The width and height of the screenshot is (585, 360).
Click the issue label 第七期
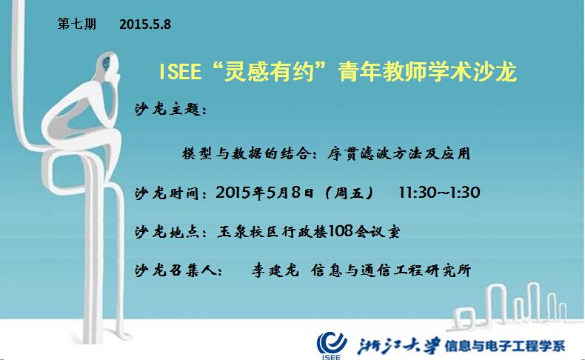click(x=77, y=24)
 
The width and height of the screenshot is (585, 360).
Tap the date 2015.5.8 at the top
click(x=145, y=24)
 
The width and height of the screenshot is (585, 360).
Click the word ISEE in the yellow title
click(x=180, y=71)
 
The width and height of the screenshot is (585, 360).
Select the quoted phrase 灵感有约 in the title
click(x=269, y=71)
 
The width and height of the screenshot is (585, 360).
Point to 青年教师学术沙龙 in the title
click(x=427, y=71)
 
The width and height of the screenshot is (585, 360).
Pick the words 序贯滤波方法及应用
click(x=398, y=153)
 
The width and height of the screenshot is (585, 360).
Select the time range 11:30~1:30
click(x=439, y=193)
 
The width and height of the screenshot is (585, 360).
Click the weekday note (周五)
click(x=349, y=193)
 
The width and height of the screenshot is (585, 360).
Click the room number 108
click(x=341, y=231)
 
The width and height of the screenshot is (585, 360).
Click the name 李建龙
click(x=275, y=270)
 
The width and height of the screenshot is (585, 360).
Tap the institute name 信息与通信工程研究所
click(x=391, y=270)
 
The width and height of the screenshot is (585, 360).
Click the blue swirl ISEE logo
click(x=331, y=343)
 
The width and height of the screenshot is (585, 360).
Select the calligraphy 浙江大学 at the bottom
click(x=398, y=346)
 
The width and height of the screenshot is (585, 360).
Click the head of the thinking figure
click(x=109, y=65)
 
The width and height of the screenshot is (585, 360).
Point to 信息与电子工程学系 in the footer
click(x=505, y=346)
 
